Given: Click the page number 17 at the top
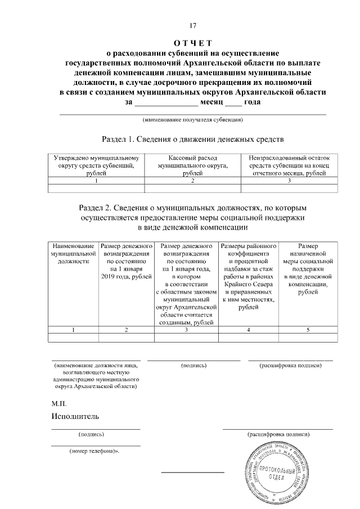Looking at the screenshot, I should click(x=192, y=25).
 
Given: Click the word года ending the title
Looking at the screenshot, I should click(x=249, y=102).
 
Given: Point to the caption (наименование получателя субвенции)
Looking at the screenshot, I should click(x=192, y=119).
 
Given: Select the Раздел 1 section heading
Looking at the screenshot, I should click(x=192, y=138).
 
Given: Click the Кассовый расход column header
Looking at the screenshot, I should click(x=192, y=166).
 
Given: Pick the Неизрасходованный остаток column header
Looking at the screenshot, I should click(x=289, y=166).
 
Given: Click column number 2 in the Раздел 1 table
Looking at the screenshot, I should click(x=192, y=181).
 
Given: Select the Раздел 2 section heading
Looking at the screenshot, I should click(x=192, y=218).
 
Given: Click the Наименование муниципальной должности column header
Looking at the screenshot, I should click(x=73, y=254).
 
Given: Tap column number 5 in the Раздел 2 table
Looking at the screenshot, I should click(x=308, y=330).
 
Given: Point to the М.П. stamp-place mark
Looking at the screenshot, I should click(x=59, y=404).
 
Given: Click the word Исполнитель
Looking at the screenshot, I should click(x=75, y=417).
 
